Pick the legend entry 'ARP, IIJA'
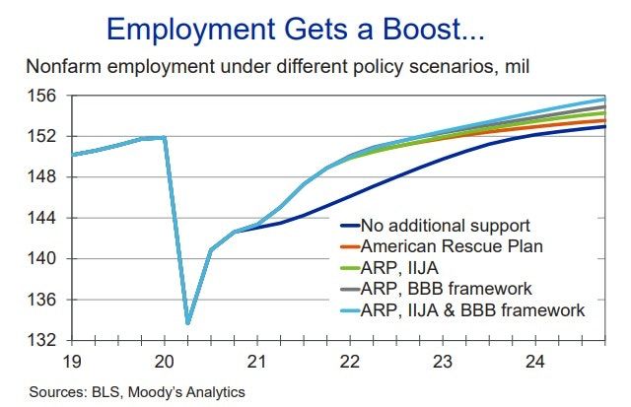point(404,267)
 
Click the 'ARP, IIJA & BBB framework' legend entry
point(474,310)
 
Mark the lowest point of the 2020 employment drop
point(187,322)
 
